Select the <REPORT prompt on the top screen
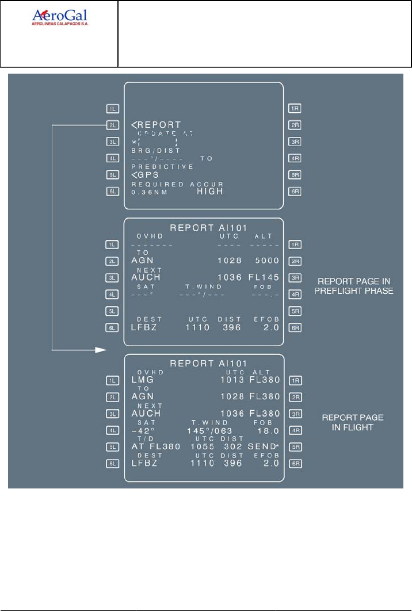coord(156,125)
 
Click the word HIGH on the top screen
coord(209,191)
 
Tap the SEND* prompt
coord(264,446)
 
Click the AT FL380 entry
coord(156,446)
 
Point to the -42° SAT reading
coord(144,430)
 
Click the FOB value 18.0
coord(268,430)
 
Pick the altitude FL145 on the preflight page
coord(264,277)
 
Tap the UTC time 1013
coord(232,380)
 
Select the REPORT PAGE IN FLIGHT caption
coord(353,422)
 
